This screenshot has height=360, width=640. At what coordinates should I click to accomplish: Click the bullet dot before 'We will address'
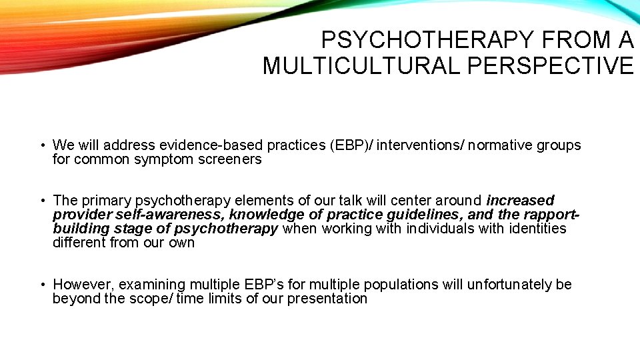coord(42,145)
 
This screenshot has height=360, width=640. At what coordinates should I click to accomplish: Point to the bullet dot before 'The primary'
coord(42,201)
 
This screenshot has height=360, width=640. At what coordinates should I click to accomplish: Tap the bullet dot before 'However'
coord(42,285)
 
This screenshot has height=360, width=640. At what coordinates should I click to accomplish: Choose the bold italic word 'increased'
coord(521,201)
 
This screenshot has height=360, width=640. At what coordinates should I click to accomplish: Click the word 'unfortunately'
coord(504,285)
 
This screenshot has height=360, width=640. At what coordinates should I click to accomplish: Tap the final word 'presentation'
coord(327,299)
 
